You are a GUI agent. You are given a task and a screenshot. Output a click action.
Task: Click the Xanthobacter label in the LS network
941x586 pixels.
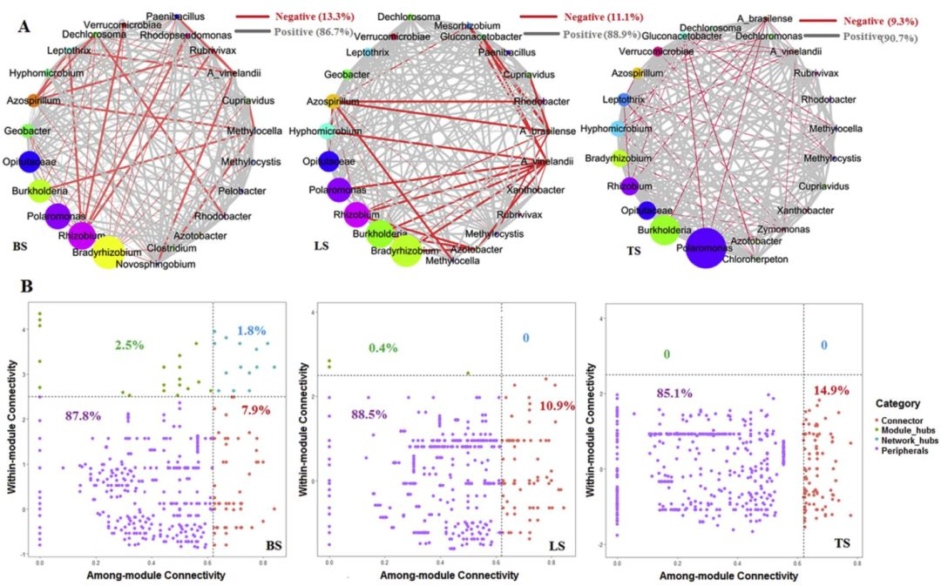pyautogui.click(x=547, y=189)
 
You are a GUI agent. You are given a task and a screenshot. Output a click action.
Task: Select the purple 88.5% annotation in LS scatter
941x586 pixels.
pyautogui.click(x=369, y=414)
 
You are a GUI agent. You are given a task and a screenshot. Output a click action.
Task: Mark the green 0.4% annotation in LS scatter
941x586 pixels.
pyautogui.click(x=382, y=348)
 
